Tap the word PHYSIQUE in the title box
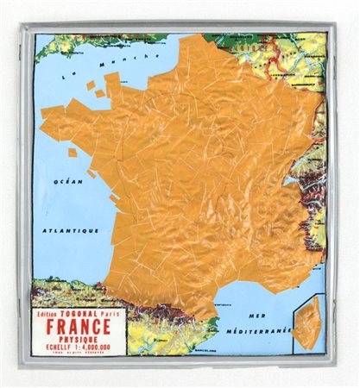(x=79, y=340)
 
